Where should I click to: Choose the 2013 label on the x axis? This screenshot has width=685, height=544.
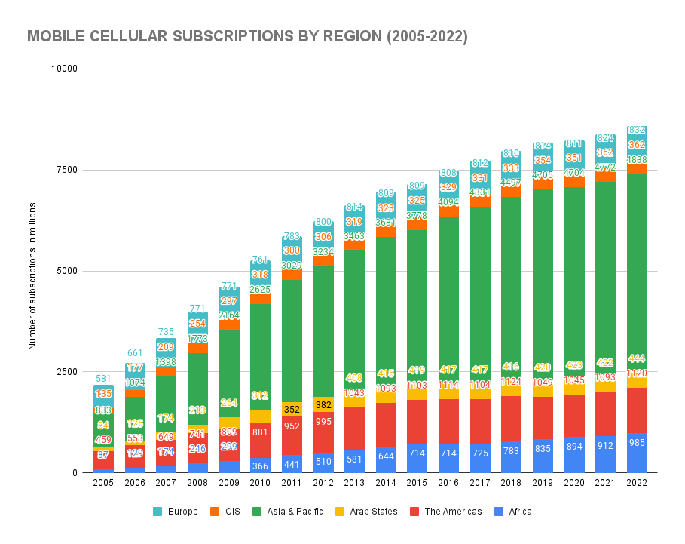pyautogui.click(x=354, y=482)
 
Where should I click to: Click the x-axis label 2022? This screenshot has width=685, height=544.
pyautogui.click(x=637, y=482)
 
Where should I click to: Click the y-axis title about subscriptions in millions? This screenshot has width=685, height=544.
pyautogui.click(x=32, y=271)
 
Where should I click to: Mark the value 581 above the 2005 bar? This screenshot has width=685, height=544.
pyautogui.click(x=103, y=379)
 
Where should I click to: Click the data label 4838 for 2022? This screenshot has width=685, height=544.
pyautogui.click(x=637, y=159)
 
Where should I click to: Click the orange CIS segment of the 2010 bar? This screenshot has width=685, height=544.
pyautogui.click(x=260, y=299)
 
